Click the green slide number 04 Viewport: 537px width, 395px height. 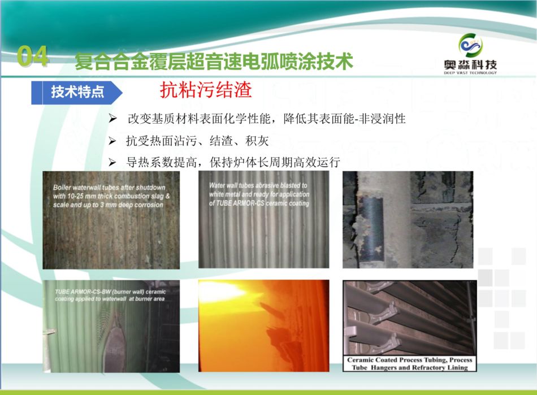33,56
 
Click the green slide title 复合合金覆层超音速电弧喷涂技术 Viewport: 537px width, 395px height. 214,62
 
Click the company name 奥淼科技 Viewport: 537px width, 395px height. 470,64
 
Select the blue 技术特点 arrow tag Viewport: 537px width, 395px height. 77,93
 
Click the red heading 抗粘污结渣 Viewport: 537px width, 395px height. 206,90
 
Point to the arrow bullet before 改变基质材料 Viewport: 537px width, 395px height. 112,119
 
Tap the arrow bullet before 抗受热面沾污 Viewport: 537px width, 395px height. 112,141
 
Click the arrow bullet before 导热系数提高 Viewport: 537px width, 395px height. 112,162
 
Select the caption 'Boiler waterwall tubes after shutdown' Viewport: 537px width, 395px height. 109,188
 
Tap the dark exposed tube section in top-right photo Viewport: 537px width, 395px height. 370,228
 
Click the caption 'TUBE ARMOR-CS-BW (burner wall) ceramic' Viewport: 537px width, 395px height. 110,292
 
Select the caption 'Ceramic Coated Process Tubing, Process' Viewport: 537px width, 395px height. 410,360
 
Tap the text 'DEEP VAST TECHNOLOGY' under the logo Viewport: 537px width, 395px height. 470,72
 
